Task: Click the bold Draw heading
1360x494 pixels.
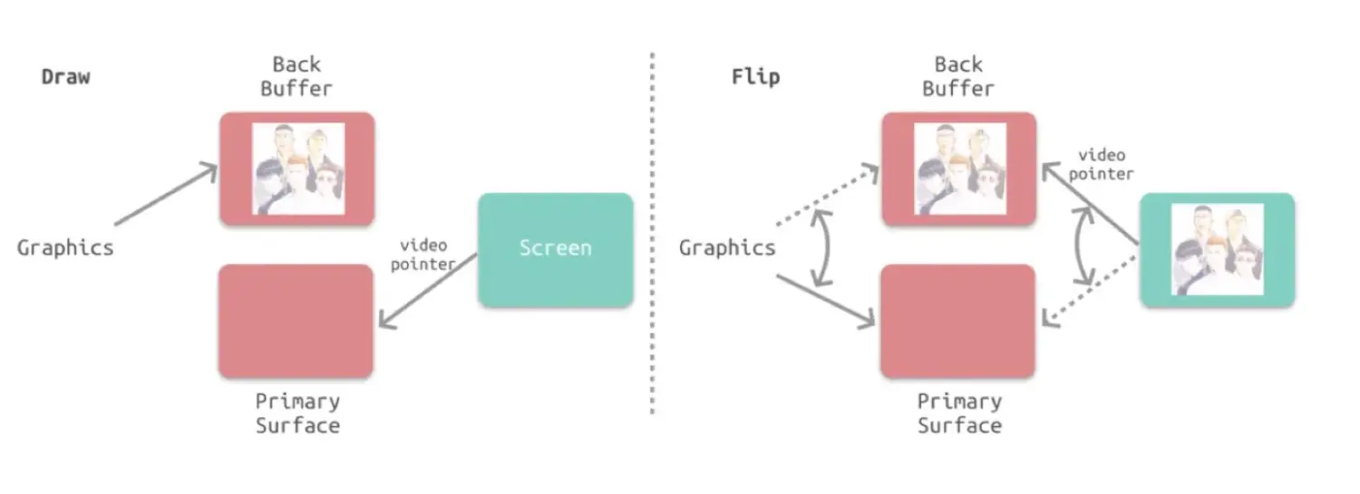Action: tap(66, 77)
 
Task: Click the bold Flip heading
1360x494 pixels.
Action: tap(755, 77)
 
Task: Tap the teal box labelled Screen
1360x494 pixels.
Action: tap(555, 249)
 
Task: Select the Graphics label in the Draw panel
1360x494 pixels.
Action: tap(65, 247)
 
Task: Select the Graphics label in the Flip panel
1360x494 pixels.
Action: tap(727, 247)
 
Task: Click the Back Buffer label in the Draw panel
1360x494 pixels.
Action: tap(296, 76)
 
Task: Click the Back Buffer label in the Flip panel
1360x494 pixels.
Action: tap(958, 76)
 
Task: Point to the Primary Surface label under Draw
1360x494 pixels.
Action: tap(297, 413)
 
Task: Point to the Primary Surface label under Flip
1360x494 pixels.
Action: tap(959, 413)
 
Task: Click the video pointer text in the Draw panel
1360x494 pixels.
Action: tap(423, 255)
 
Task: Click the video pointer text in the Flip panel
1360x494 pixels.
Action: tap(1102, 164)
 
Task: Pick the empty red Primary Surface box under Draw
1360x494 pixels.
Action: tap(296, 321)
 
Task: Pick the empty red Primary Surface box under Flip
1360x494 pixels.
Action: tap(958, 321)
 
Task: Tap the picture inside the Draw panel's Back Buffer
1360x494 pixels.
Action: tap(298, 169)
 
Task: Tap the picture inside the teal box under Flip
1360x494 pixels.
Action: tap(1218, 249)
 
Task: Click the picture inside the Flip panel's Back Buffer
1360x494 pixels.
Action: tap(960, 169)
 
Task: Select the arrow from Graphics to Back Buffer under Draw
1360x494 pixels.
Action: tap(166, 194)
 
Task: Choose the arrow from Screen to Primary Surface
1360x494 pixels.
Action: tap(428, 290)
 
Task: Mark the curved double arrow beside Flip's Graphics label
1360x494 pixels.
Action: tap(822, 247)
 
